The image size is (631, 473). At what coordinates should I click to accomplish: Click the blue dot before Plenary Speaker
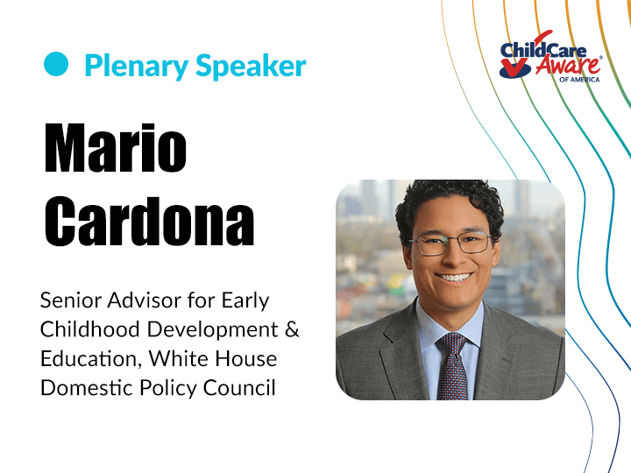(x=56, y=64)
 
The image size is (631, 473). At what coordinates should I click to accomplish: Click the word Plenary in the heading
(x=137, y=66)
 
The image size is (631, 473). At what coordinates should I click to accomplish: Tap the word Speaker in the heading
(x=251, y=65)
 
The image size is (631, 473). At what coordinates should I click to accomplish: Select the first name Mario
(x=116, y=148)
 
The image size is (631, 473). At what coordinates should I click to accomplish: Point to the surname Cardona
(x=149, y=221)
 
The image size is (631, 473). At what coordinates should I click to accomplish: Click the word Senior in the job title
(x=70, y=300)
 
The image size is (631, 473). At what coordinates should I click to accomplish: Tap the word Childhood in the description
(x=89, y=329)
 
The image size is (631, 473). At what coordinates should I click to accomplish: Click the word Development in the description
(x=212, y=330)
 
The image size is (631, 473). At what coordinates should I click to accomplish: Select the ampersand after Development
(x=292, y=329)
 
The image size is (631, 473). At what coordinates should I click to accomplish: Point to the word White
(x=180, y=358)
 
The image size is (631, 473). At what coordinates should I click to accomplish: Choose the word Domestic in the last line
(x=87, y=388)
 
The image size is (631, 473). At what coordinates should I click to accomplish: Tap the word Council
(x=239, y=388)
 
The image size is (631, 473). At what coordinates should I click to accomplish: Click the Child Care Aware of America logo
(x=550, y=56)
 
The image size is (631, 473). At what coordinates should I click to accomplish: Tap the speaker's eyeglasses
(x=450, y=244)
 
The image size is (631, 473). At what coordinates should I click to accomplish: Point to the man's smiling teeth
(x=454, y=277)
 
